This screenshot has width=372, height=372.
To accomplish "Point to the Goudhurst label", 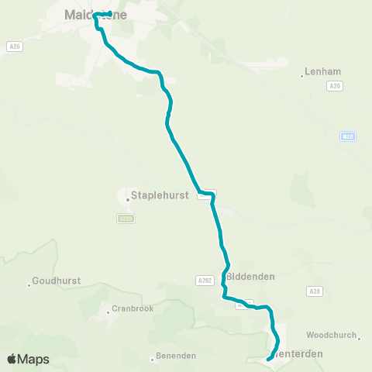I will pyautogui.click(x=59, y=281).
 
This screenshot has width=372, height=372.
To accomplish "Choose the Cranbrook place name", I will pyautogui.click(x=133, y=308).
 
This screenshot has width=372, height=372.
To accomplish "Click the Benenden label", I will pyautogui.click(x=177, y=356).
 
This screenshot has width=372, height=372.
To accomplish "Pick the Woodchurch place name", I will pyautogui.click(x=331, y=335).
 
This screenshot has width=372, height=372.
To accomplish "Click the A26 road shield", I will pyautogui.click(x=13, y=46).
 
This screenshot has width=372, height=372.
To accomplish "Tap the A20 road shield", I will pyautogui.click(x=336, y=88).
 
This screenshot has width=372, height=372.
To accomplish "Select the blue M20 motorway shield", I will pyautogui.click(x=347, y=137).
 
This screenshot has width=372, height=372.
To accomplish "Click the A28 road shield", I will pyautogui.click(x=313, y=291).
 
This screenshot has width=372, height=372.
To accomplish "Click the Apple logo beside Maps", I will pyautogui.click(x=12, y=359).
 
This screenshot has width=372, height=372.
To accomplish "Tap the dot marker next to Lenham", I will pyautogui.click(x=301, y=75).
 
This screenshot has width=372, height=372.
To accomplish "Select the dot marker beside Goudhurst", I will pyautogui.click(x=29, y=285).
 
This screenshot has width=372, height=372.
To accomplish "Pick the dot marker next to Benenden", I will pyautogui.click(x=153, y=359).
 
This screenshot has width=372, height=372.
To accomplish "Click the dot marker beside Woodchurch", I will pyautogui.click(x=360, y=336).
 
